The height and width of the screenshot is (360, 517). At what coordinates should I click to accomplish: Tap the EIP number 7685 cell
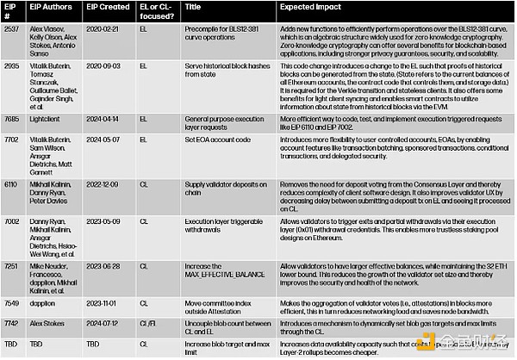coord(10,117)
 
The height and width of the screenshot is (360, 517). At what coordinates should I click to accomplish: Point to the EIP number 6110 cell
coord(10,183)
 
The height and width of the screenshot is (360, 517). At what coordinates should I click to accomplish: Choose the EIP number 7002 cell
coord(10,220)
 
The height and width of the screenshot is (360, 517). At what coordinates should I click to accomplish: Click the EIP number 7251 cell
coord(10,268)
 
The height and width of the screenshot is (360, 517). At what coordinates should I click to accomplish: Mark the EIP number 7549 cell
coord(10,303)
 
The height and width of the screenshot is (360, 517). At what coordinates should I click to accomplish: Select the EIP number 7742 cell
coord(10,326)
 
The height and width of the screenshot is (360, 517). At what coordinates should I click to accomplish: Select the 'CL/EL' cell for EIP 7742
coord(146,326)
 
